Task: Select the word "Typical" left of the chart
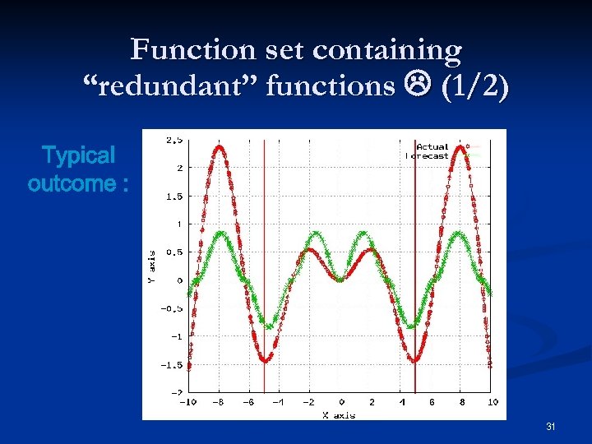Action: click(x=78, y=155)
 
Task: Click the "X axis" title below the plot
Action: click(x=339, y=414)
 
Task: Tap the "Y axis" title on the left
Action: click(x=150, y=267)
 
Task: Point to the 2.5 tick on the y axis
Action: click(x=173, y=140)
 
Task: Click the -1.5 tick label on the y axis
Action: click(x=171, y=364)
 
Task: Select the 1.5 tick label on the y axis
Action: click(x=173, y=196)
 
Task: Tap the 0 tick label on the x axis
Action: click(x=341, y=402)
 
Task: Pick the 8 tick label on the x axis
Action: click(x=462, y=402)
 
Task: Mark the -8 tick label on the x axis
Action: click(x=220, y=402)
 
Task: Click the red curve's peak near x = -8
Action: click(x=220, y=148)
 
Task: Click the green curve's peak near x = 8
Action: click(x=456, y=233)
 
